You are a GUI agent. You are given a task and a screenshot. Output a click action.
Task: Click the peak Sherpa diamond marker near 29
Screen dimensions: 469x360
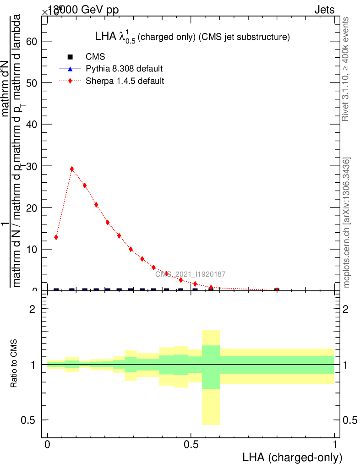pyautogui.click(x=72, y=169)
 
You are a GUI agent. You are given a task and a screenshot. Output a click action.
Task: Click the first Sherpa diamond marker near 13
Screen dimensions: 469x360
pyautogui.click(x=56, y=237)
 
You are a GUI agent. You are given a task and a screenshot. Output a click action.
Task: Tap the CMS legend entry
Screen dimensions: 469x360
pyautogui.click(x=95, y=57)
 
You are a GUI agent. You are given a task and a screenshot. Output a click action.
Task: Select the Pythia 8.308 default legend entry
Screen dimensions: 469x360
pyautogui.click(x=124, y=69)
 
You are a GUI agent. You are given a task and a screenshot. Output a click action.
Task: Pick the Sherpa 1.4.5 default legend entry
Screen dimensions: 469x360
pyautogui.click(x=125, y=81)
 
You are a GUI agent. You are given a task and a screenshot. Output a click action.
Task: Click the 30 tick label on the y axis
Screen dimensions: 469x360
pyautogui.click(x=31, y=166)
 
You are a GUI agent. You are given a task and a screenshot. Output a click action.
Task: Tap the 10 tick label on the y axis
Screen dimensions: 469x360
pyautogui.click(x=31, y=250)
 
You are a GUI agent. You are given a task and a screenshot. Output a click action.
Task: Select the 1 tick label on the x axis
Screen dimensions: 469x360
pyautogui.click(x=335, y=445)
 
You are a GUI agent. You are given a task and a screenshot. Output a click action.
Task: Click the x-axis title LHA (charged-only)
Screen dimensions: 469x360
pyautogui.click(x=292, y=457)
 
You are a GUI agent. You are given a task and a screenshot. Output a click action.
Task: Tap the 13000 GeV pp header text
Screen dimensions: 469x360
pyautogui.click(x=82, y=10)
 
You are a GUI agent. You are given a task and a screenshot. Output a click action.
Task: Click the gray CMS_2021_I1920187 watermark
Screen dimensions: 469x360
pyautogui.click(x=190, y=274)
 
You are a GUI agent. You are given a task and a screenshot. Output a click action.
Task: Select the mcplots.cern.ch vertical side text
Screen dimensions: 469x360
pyautogui.click(x=347, y=223)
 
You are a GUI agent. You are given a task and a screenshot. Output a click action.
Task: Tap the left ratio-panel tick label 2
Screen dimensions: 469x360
pyautogui.click(x=32, y=309)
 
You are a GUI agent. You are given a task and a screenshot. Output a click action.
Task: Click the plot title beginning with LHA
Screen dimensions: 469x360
pyautogui.click(x=191, y=37)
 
